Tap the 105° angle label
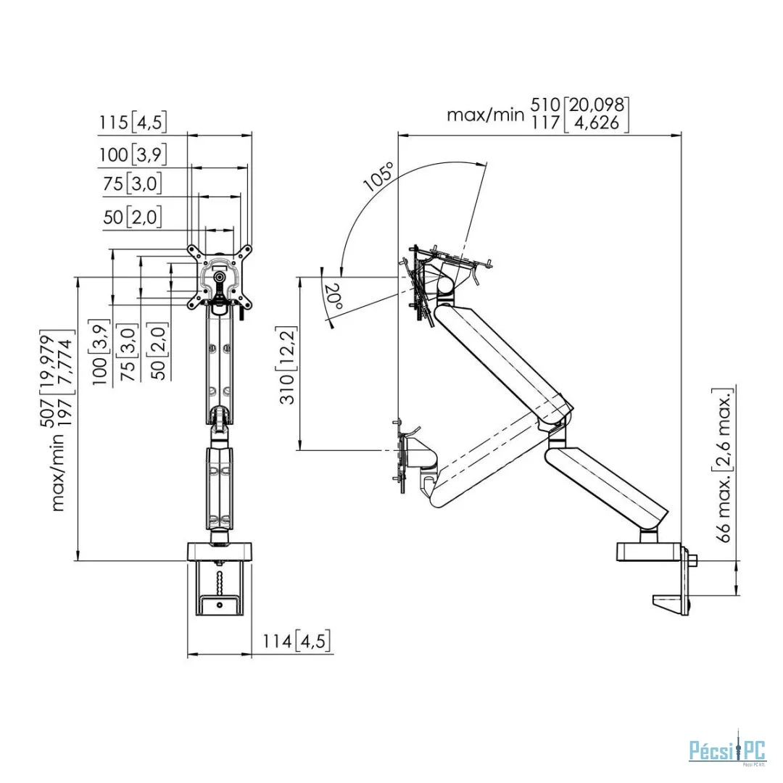pos(378,178)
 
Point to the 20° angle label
pos(332,297)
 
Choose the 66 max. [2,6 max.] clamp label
pos(724,465)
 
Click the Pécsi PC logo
pos(727,750)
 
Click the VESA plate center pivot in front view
pos(219,277)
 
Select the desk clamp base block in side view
pos(649,552)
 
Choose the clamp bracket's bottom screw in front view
pos(220,605)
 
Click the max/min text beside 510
pos(485,115)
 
